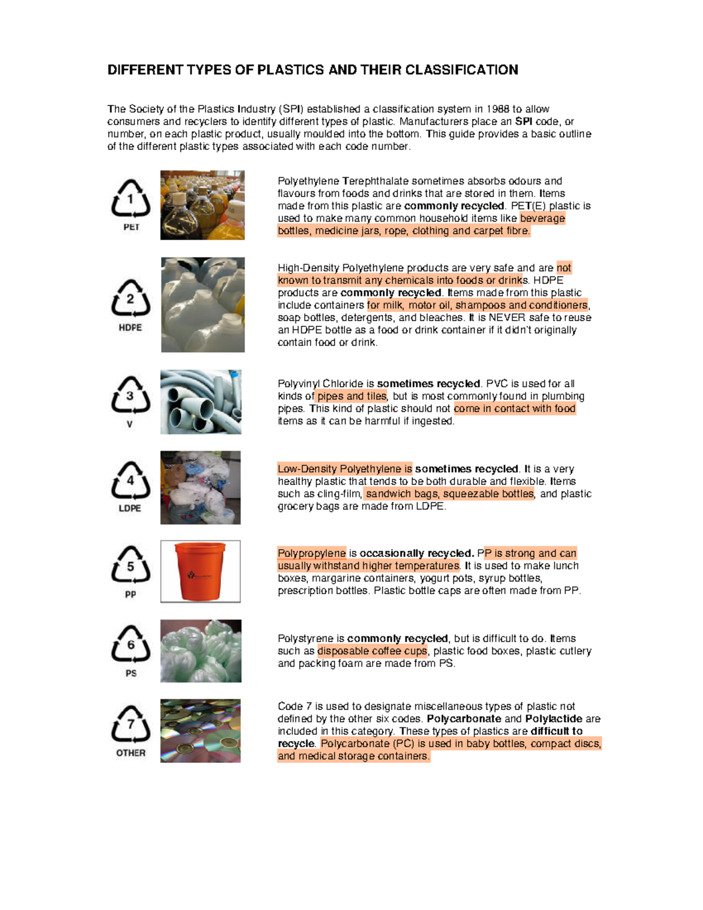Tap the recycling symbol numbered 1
131,199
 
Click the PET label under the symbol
131,227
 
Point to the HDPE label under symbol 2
130,328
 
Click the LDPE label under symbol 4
129,508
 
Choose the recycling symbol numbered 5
130,565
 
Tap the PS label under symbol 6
131,673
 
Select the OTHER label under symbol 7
131,753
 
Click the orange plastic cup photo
200,571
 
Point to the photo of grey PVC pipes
201,402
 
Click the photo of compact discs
200,731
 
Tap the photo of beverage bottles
202,205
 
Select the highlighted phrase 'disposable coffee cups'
373,651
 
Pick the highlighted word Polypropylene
312,553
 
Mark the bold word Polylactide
554,719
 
